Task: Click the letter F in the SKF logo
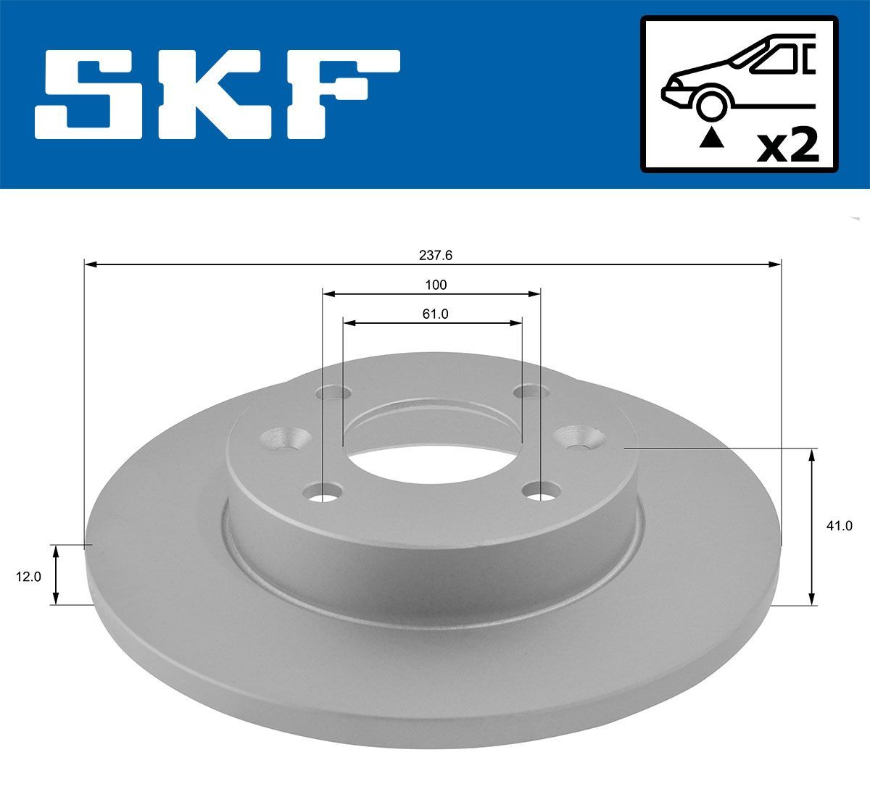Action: coord(341,94)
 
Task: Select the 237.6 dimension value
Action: coord(435,255)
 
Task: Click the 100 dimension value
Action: coord(436,285)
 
